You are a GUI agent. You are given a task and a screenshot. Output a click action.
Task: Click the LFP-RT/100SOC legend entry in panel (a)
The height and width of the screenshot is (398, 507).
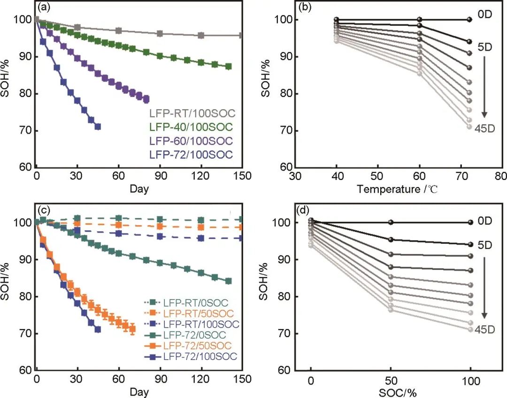192,113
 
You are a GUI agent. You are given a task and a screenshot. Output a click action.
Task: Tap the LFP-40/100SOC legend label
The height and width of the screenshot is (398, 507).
192,127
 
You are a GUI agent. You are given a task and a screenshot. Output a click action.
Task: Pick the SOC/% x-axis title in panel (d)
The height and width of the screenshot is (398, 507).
391,391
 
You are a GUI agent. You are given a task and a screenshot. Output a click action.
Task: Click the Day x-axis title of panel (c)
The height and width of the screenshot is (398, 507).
139,391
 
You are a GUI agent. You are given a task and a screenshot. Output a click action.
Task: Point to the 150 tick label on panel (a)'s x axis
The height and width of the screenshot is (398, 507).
241,176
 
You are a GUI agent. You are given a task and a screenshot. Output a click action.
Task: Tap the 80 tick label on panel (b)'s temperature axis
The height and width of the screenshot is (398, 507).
501,176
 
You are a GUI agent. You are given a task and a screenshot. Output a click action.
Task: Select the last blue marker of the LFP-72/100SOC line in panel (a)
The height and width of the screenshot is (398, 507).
98,127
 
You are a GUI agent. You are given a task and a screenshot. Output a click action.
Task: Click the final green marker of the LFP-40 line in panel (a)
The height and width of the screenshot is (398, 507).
229,67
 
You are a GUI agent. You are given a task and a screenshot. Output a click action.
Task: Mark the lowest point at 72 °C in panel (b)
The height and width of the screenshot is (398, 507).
469,127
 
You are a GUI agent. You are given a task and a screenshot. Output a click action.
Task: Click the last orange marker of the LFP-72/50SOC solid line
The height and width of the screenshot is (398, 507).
132,329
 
